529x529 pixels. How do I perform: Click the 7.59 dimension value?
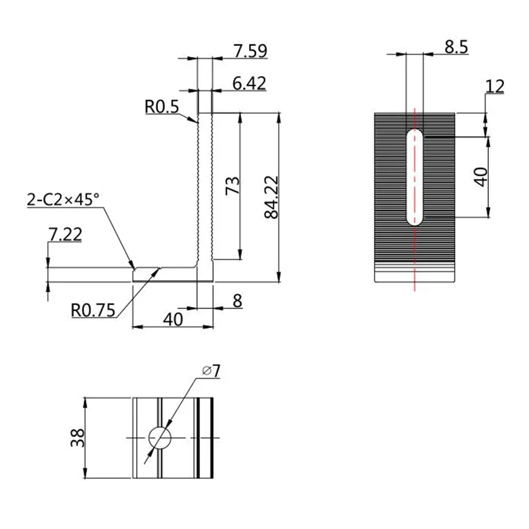click(x=250, y=51)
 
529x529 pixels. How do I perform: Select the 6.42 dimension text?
click(x=248, y=83)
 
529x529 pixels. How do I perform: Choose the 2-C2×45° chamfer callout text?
click(x=62, y=200)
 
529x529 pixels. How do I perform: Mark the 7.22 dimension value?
click(x=64, y=234)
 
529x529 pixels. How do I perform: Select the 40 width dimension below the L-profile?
click(x=173, y=319)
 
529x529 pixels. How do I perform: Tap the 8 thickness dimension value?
click(x=237, y=301)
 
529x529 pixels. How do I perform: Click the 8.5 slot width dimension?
click(x=456, y=47)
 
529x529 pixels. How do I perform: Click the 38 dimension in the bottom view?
click(x=77, y=438)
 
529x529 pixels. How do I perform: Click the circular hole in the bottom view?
click(x=160, y=438)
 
